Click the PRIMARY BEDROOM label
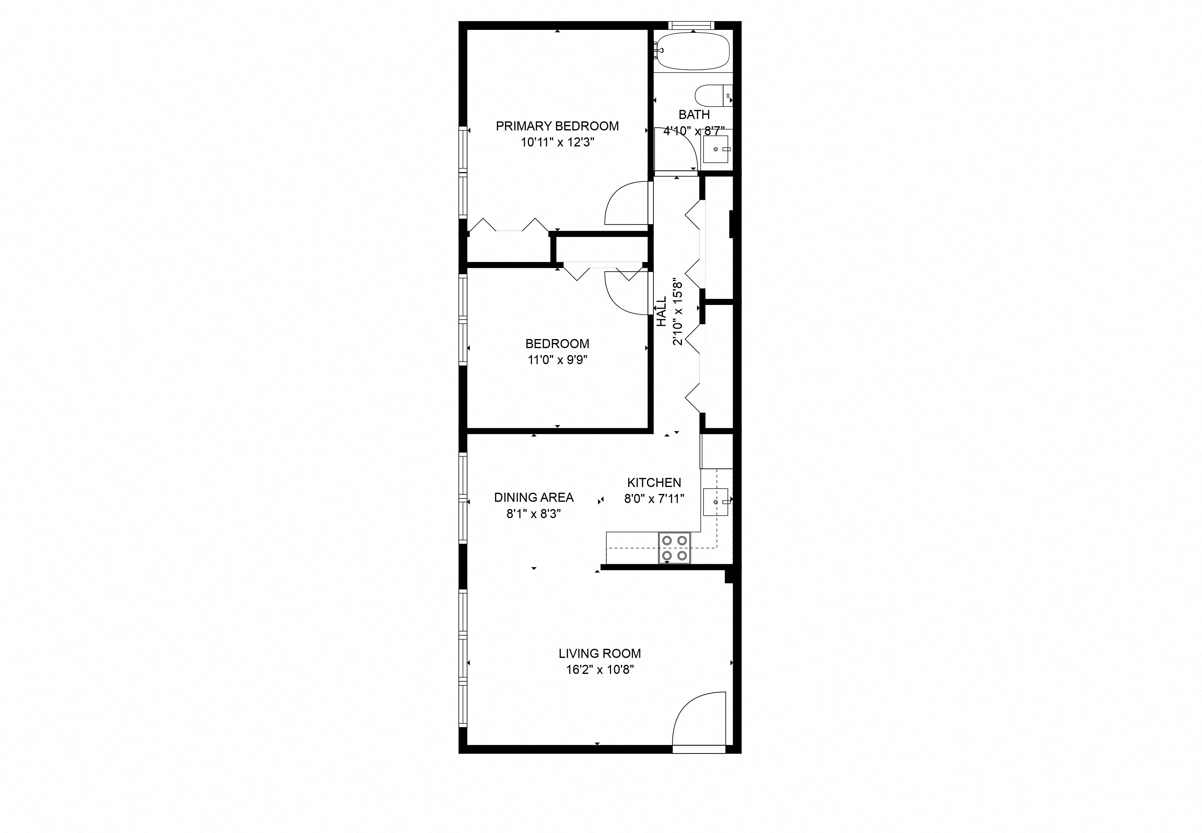(x=557, y=126)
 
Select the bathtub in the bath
(x=693, y=51)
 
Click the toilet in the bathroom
(x=712, y=95)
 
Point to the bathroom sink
(x=716, y=149)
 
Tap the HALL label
(x=661, y=312)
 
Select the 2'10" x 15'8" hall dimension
(x=677, y=312)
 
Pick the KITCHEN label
(x=654, y=482)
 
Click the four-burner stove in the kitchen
(x=674, y=548)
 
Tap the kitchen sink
(x=715, y=501)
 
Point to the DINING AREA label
(x=533, y=497)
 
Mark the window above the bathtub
(x=692, y=24)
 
